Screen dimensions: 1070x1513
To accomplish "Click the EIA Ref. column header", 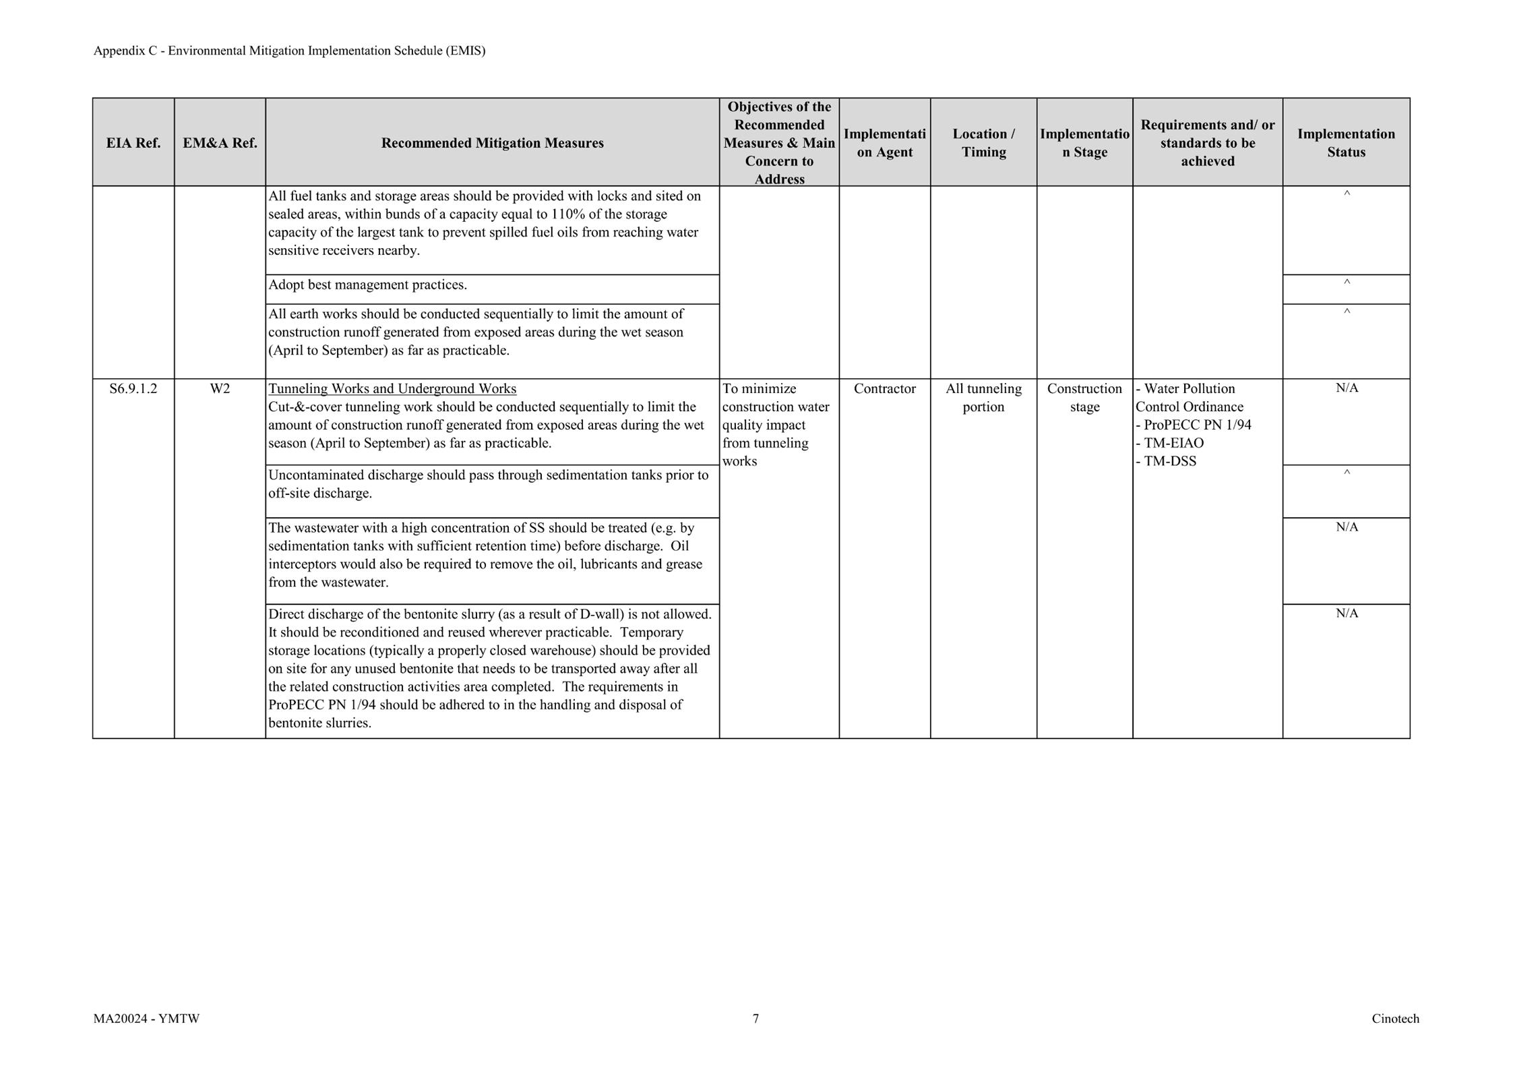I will (x=133, y=143).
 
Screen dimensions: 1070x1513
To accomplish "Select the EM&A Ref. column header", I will (x=220, y=143).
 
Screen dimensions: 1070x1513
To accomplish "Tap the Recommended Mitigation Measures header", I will (x=492, y=143).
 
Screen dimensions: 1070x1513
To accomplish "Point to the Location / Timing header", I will (x=983, y=143).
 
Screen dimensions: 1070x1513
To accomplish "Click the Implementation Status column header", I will (x=1346, y=143).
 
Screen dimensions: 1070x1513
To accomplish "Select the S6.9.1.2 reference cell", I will (x=133, y=389).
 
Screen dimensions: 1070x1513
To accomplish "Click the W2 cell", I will (x=220, y=389).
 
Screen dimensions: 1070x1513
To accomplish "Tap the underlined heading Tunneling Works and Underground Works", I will (x=392, y=389).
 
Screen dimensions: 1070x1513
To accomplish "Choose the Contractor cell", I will (x=884, y=389).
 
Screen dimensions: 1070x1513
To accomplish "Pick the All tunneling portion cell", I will (x=983, y=398).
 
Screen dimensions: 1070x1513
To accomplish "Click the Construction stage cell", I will (x=1084, y=398).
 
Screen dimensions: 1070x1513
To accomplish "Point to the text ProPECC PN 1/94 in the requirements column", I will (x=1197, y=425).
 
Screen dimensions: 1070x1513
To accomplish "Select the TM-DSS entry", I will (x=1170, y=462).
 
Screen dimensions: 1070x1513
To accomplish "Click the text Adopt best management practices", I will (x=367, y=285).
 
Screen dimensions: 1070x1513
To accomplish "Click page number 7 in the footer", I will (x=755, y=1019).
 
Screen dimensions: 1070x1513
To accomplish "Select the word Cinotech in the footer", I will (x=1395, y=1019).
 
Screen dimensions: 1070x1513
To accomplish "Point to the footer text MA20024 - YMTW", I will (x=146, y=1019).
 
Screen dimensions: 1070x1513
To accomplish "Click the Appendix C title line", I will (x=289, y=51).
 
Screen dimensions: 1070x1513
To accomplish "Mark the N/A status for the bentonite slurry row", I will (x=1347, y=614).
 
